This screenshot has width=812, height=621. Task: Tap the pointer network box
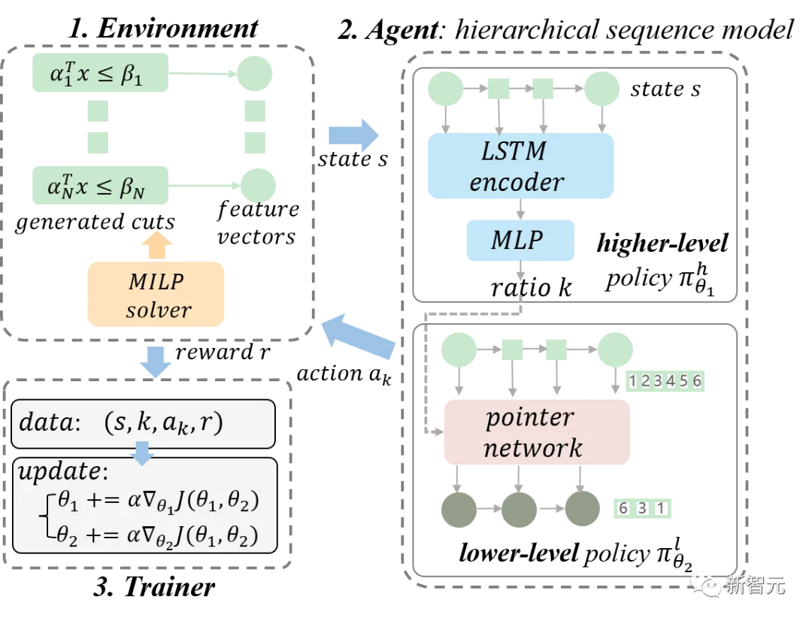tap(533, 432)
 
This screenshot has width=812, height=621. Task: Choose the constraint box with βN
tap(98, 185)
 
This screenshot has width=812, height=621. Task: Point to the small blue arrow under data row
tap(142, 452)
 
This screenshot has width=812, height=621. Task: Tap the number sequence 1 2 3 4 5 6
tap(665, 381)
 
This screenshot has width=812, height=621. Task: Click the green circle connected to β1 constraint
tap(254, 73)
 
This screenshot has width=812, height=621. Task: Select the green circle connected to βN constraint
tap(258, 183)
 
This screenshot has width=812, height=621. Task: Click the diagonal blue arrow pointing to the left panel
tap(359, 335)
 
